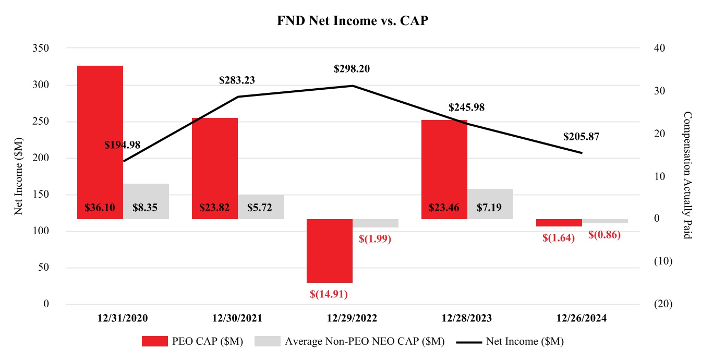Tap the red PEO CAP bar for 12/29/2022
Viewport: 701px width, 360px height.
[330, 250]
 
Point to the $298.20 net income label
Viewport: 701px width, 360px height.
[352, 69]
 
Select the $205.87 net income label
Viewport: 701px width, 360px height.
[581, 137]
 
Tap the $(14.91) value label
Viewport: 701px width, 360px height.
[329, 294]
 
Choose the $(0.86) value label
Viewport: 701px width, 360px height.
[605, 235]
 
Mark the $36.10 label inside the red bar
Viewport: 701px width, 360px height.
[100, 207]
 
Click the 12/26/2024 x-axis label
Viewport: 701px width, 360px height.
[582, 318]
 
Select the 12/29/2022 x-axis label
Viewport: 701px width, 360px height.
[352, 318]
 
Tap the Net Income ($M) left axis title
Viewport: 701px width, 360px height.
[19, 176]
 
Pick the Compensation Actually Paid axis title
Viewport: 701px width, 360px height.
[687, 176]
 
